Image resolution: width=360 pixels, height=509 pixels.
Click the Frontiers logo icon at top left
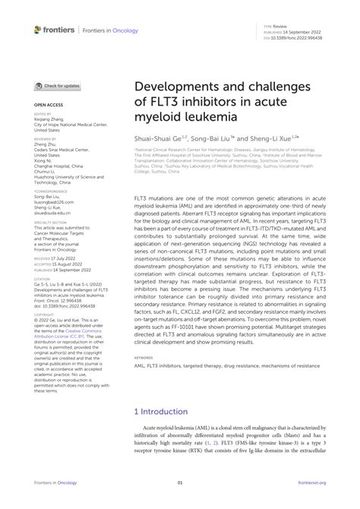coord(38,30)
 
